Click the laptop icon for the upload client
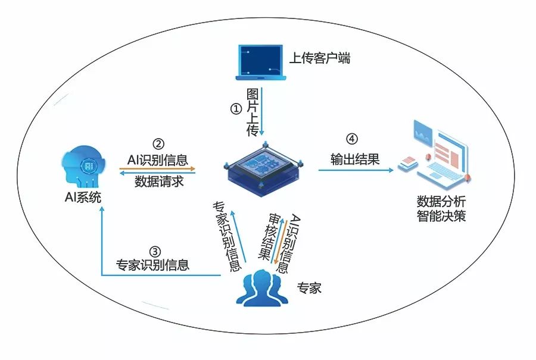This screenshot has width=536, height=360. [261, 61]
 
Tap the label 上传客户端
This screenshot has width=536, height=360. [319, 58]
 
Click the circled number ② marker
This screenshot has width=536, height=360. [158, 144]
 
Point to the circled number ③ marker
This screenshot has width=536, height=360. [154, 250]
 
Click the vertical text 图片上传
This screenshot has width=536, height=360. [253, 112]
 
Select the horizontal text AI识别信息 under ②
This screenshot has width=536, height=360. [158, 159]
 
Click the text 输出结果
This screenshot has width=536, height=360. [355, 159]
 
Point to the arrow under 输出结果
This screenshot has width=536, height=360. [356, 170]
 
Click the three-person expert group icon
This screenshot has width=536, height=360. [261, 286]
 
